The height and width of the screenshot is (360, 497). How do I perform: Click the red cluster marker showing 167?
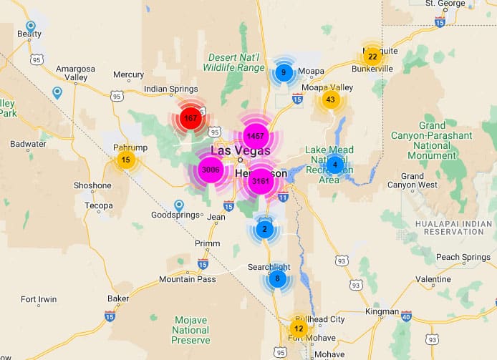coord(190,117)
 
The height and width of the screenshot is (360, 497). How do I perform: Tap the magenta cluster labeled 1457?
coord(254,135)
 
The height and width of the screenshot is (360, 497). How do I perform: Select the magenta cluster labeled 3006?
coord(211,170)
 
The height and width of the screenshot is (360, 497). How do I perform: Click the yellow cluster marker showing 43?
coord(330,99)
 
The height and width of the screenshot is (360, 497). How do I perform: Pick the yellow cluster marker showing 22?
coord(372,56)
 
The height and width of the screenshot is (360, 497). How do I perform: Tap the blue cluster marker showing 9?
coord(284,72)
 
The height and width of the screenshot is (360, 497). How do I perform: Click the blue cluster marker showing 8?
coord(277,278)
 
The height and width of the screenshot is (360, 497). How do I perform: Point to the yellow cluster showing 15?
coord(126,160)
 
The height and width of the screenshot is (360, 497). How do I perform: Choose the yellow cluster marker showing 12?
coord(299,329)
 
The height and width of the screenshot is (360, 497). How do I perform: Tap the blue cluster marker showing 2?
coord(264,229)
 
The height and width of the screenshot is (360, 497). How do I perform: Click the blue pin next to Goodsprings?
coord(179,205)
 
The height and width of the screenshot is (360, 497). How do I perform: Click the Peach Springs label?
coord(463,257)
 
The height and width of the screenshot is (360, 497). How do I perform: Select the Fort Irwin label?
coord(39,299)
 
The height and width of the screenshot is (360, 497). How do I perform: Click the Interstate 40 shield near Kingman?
coord(407,316)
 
